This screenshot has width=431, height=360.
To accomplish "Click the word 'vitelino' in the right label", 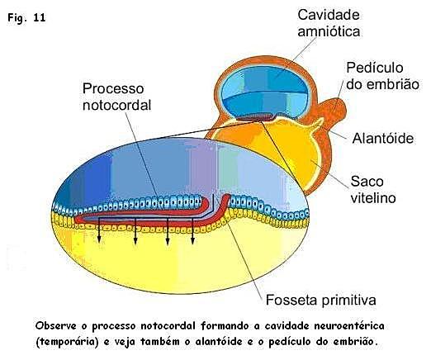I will point(373,198).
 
